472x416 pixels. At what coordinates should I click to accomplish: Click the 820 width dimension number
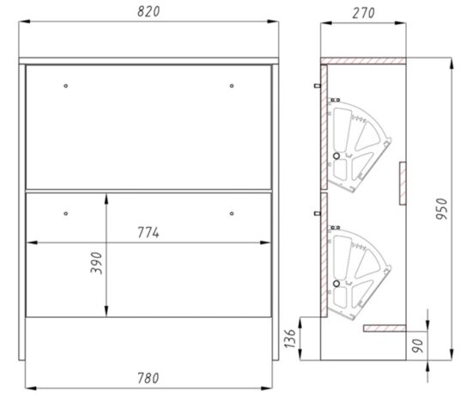click(148, 11)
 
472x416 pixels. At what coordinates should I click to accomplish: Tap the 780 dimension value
click(148, 378)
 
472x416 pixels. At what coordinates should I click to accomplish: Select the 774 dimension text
click(148, 233)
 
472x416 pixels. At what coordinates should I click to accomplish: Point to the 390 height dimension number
click(96, 263)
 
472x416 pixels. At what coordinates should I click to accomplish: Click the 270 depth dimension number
click(363, 13)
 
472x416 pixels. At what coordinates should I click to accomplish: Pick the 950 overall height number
click(442, 209)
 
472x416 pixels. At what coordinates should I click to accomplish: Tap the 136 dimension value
click(290, 339)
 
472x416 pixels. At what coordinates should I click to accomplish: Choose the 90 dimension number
click(418, 346)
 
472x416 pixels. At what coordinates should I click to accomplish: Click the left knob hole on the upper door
click(66, 86)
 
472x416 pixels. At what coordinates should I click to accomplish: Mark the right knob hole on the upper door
click(232, 86)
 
